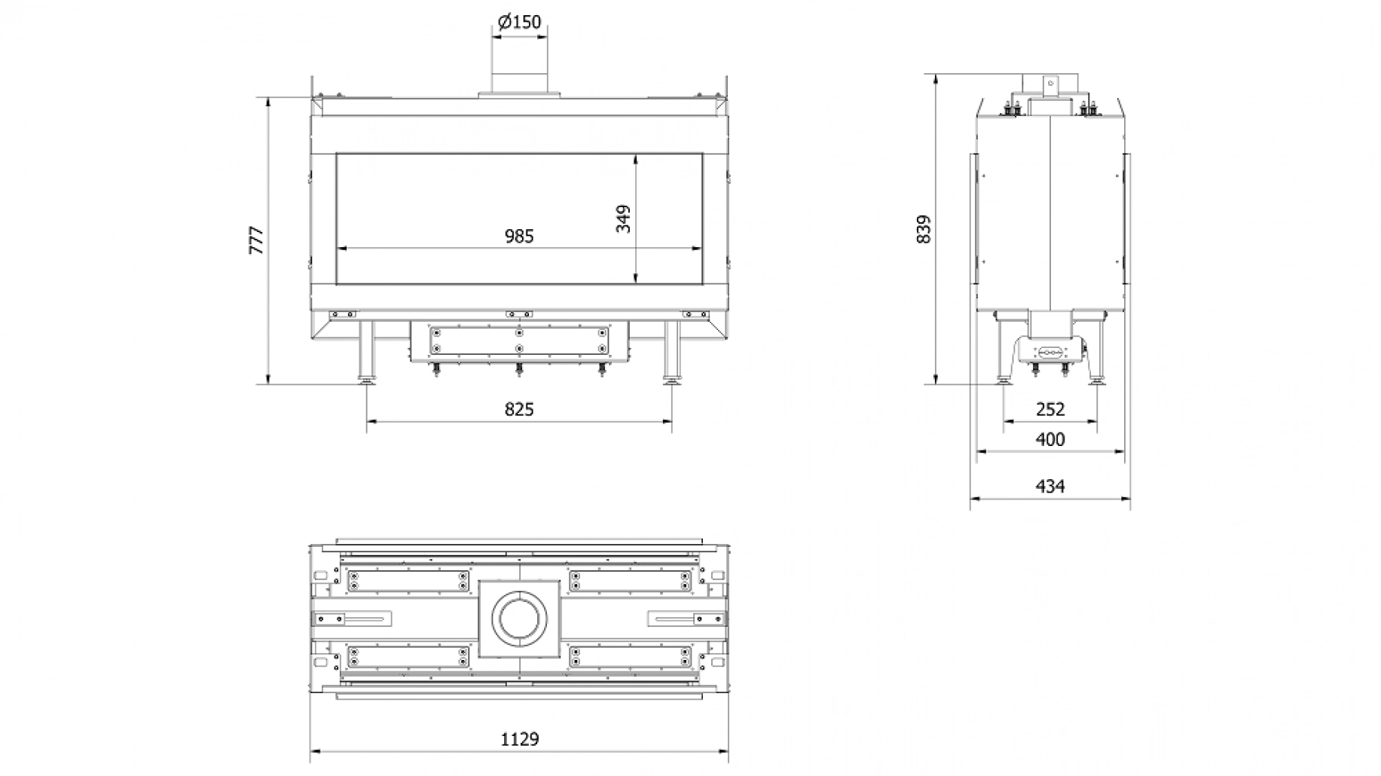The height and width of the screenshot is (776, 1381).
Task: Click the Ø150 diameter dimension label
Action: (519, 23)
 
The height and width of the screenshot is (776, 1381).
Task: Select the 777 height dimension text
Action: (258, 240)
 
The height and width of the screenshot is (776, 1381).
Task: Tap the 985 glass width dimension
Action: (519, 237)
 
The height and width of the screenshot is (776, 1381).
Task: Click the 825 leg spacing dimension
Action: (519, 409)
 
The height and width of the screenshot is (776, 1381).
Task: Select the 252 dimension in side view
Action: (1050, 409)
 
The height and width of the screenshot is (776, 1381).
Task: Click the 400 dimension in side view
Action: (1050, 439)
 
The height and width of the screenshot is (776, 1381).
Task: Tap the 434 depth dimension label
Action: (1050, 487)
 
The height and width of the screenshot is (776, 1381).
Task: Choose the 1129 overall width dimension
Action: (520, 739)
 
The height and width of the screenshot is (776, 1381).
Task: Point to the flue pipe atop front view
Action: (519, 78)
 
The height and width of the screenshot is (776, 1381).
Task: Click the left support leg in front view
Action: (367, 350)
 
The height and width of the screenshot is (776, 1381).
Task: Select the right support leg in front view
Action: (671, 350)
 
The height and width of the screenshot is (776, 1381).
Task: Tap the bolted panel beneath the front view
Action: (519, 341)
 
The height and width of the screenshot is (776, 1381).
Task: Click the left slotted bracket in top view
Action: (352, 619)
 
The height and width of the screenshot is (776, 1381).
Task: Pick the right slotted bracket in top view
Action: (686, 619)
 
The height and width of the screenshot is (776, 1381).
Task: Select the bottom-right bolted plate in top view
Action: (631, 656)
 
